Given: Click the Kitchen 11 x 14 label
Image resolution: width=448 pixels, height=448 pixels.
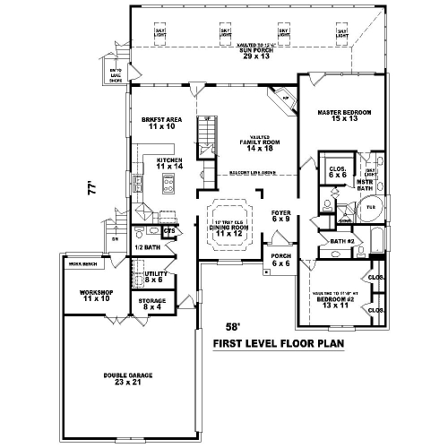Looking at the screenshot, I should (168, 164).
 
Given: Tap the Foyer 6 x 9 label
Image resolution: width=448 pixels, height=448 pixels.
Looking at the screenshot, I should (280, 216).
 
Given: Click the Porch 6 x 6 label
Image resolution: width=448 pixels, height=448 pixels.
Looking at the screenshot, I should (280, 261).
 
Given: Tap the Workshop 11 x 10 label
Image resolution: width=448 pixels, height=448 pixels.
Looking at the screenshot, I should (95, 297).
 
